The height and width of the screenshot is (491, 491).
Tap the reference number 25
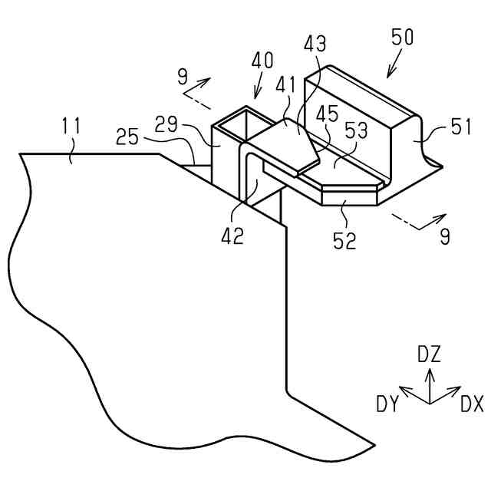[129, 137]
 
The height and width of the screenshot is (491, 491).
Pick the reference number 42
[232, 236]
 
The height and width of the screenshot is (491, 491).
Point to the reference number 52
[345, 241]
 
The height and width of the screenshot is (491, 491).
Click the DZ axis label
[429, 354]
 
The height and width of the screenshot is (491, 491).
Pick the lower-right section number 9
[444, 237]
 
